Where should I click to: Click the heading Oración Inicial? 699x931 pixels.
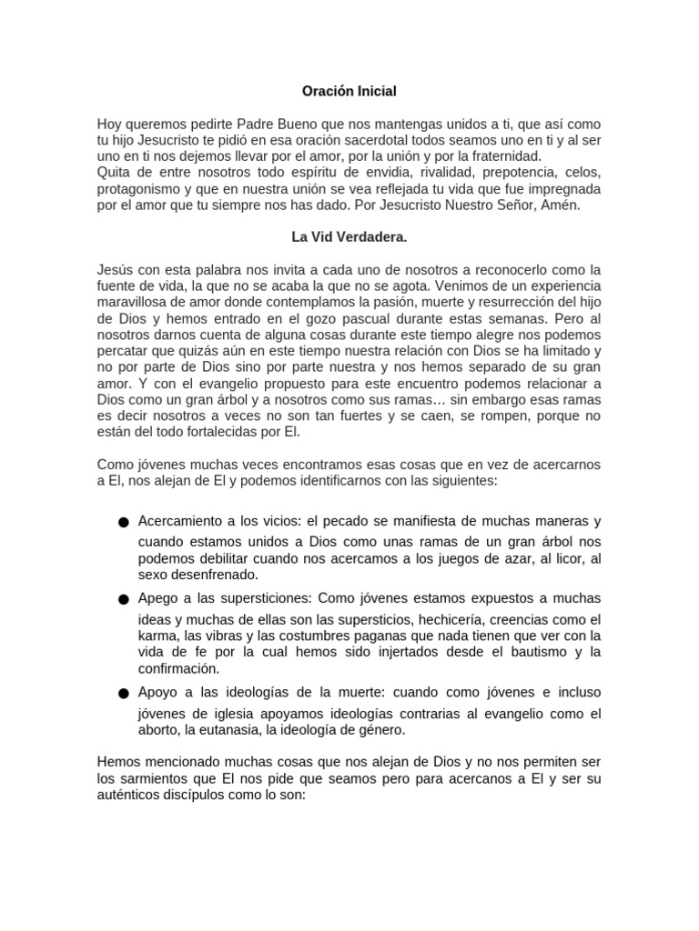pos(349,91)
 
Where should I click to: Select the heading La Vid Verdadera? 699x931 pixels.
pos(349,236)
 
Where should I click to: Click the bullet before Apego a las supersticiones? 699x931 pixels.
pos(124,600)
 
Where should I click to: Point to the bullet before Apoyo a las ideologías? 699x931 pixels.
pos(124,695)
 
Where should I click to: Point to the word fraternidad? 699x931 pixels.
pos(520,156)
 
